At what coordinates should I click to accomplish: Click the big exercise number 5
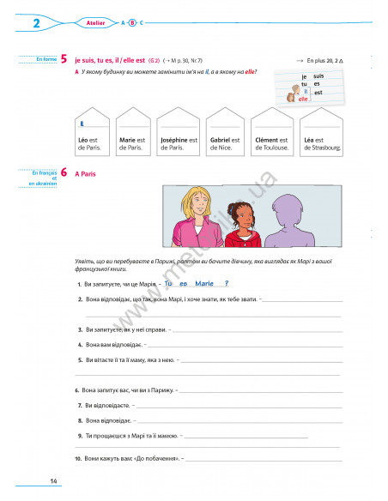pyautogui.click(x=64, y=61)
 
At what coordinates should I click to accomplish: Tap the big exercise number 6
pyautogui.click(x=64, y=173)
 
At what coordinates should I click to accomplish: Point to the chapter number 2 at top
pyautogui.click(x=36, y=23)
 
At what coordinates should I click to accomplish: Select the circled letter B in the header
pyautogui.click(x=132, y=23)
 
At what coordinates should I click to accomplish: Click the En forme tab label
pyautogui.click(x=39, y=59)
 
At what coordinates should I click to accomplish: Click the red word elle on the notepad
pyautogui.click(x=302, y=99)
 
